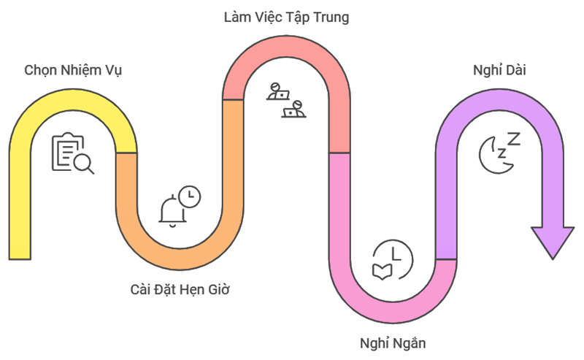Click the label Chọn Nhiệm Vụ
73,70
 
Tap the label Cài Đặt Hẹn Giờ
179,289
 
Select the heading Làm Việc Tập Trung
286,17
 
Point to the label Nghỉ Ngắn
393,342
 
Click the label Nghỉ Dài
499,70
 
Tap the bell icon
171,211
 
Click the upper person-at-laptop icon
277,91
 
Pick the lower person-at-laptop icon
294,110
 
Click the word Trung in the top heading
331,17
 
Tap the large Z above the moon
514,139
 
